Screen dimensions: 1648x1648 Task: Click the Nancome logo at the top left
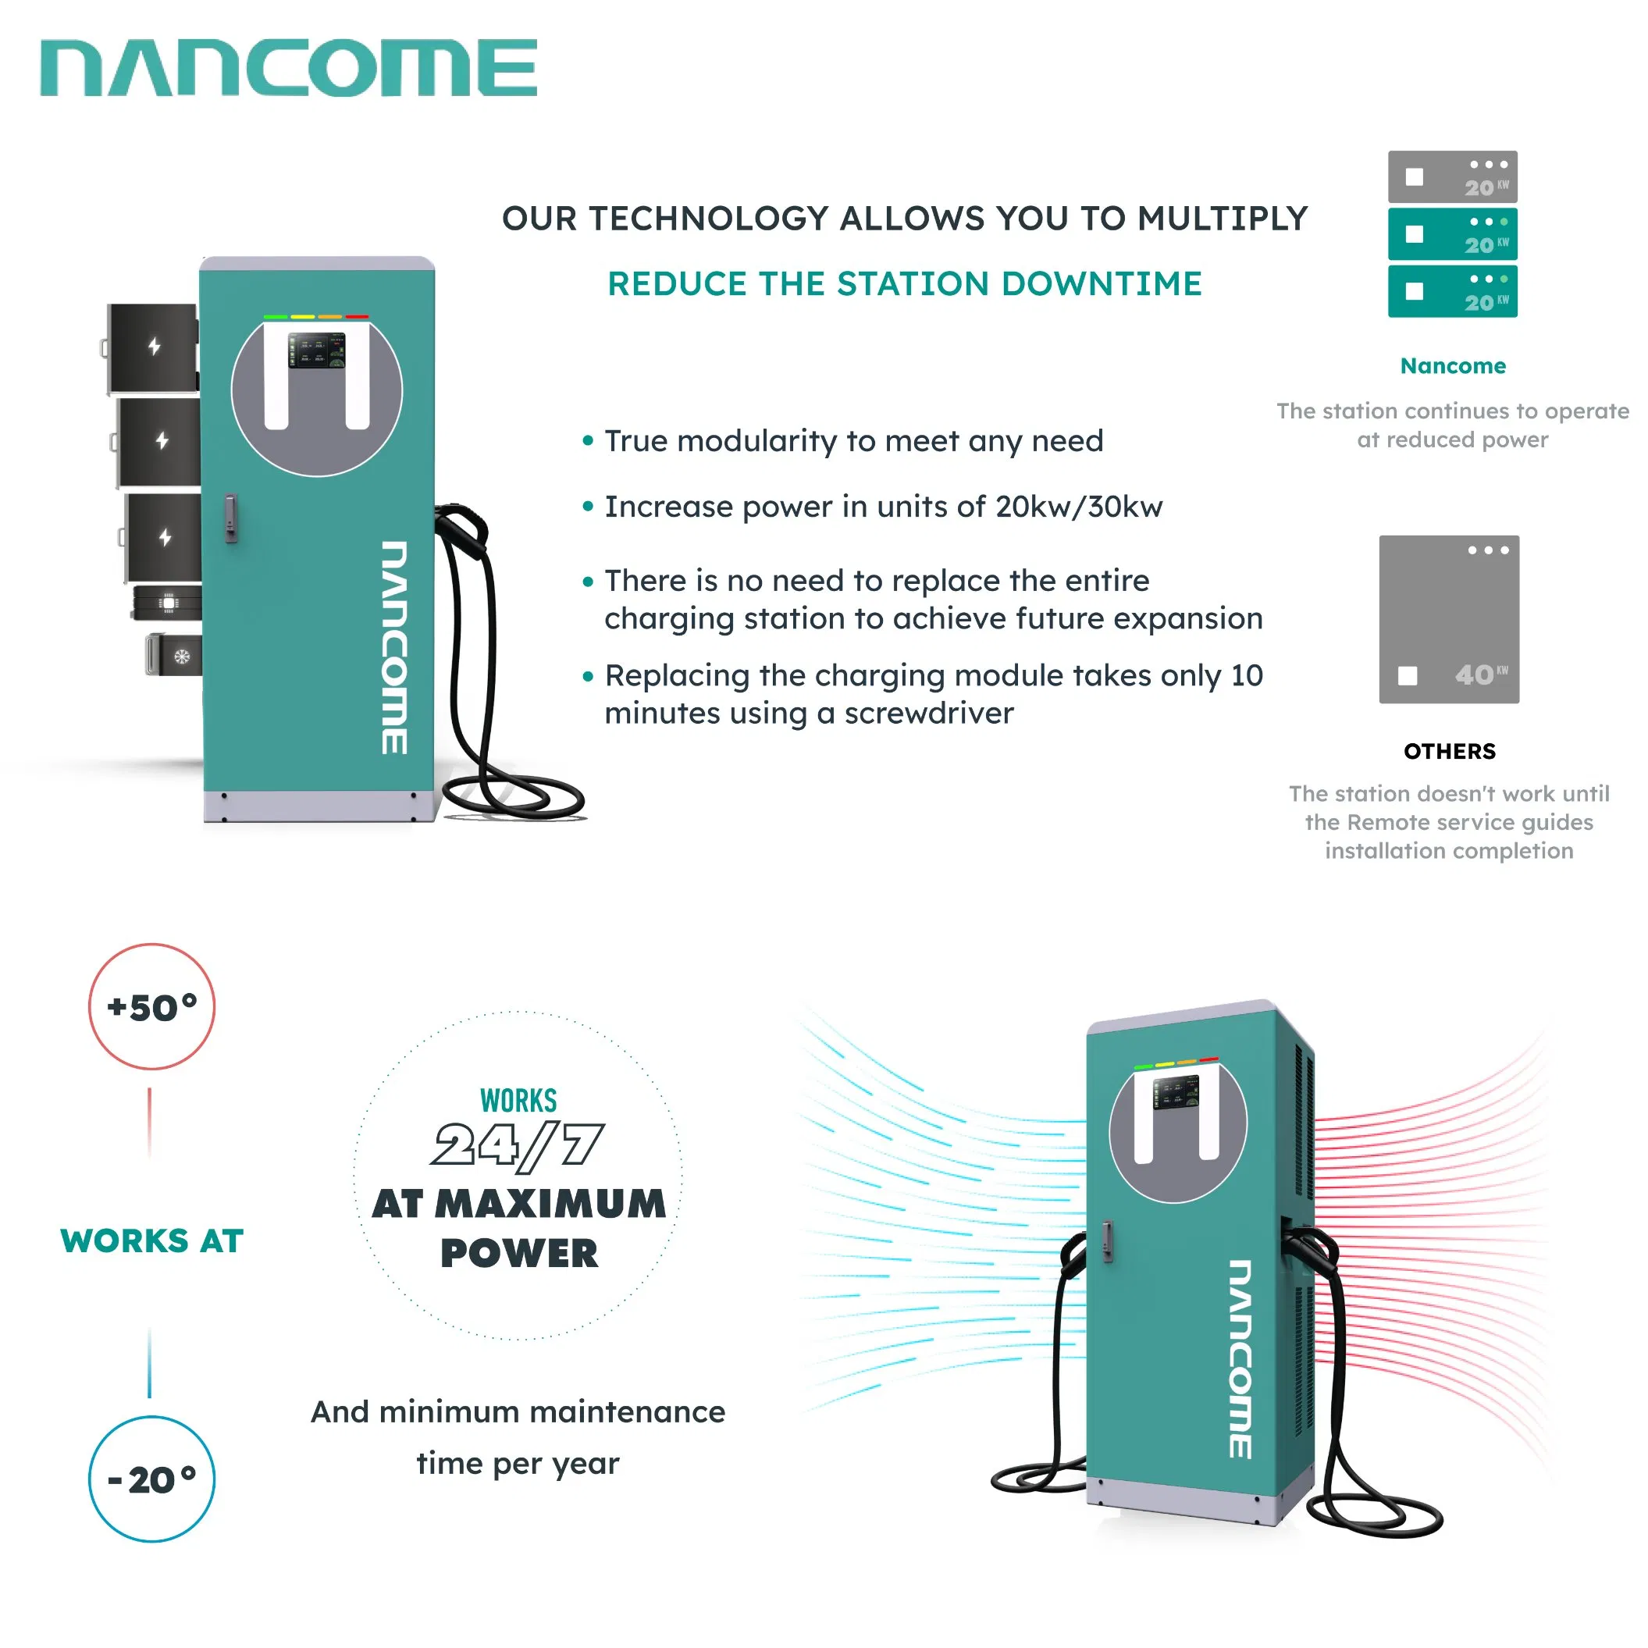pos(288,68)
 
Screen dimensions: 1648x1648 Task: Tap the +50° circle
pos(151,1006)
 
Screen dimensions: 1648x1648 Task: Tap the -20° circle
pos(151,1479)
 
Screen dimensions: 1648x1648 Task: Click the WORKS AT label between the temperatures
pos(151,1240)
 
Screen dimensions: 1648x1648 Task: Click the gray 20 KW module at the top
pos(1452,176)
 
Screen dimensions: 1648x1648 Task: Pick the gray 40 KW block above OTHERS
pos(1448,619)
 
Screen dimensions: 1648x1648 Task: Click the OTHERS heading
pos(1449,752)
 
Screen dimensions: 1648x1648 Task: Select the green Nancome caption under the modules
pos(1453,366)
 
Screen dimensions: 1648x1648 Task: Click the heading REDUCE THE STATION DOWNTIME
pos(904,284)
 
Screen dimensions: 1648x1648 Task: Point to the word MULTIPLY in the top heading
pos(1223,219)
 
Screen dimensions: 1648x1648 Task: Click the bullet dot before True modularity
pos(588,441)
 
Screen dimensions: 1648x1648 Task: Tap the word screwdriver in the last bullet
pos(928,713)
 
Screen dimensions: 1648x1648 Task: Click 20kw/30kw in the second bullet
pos(1078,507)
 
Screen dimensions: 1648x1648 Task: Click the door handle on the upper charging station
pos(230,518)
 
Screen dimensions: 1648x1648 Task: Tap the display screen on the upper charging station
pos(316,351)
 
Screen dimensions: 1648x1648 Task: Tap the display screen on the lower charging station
pos(1176,1093)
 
